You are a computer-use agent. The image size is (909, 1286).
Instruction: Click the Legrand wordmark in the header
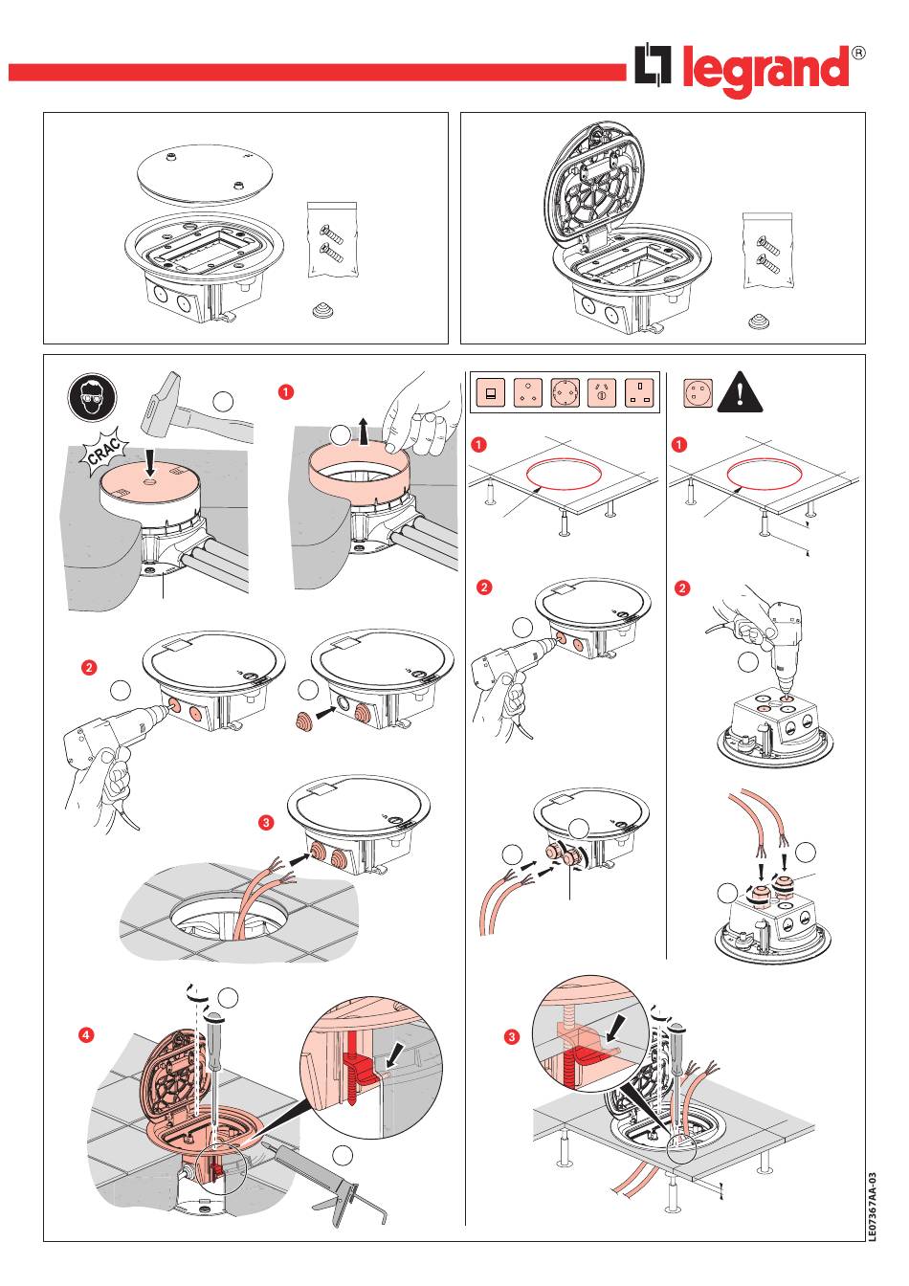tap(765, 71)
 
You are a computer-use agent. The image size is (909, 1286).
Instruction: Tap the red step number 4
tap(86, 1034)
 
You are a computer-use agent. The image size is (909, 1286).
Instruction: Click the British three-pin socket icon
tap(638, 393)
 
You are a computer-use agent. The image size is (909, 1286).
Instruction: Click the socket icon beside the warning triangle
tap(697, 393)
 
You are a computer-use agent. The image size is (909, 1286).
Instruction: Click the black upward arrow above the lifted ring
tap(364, 428)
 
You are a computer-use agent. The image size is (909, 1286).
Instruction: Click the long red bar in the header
tap(316, 73)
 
